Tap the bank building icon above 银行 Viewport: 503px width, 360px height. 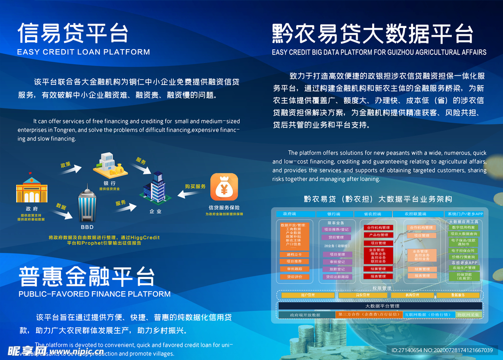pyautogui.click(x=111, y=165)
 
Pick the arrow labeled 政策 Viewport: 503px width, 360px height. pyautogui.click(x=72, y=168)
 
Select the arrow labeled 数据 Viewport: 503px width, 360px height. pyautogui.click(x=65, y=212)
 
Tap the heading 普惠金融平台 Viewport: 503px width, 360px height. pyautogui.click(x=87, y=277)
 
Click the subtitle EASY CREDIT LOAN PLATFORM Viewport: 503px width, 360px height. pyautogui.click(x=84, y=52)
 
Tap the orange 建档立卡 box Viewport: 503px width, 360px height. pyautogui.click(x=295, y=255)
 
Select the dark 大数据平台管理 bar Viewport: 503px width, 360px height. pyautogui.click(x=380, y=306)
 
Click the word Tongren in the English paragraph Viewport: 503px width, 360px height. pyautogui.click(x=78, y=130)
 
